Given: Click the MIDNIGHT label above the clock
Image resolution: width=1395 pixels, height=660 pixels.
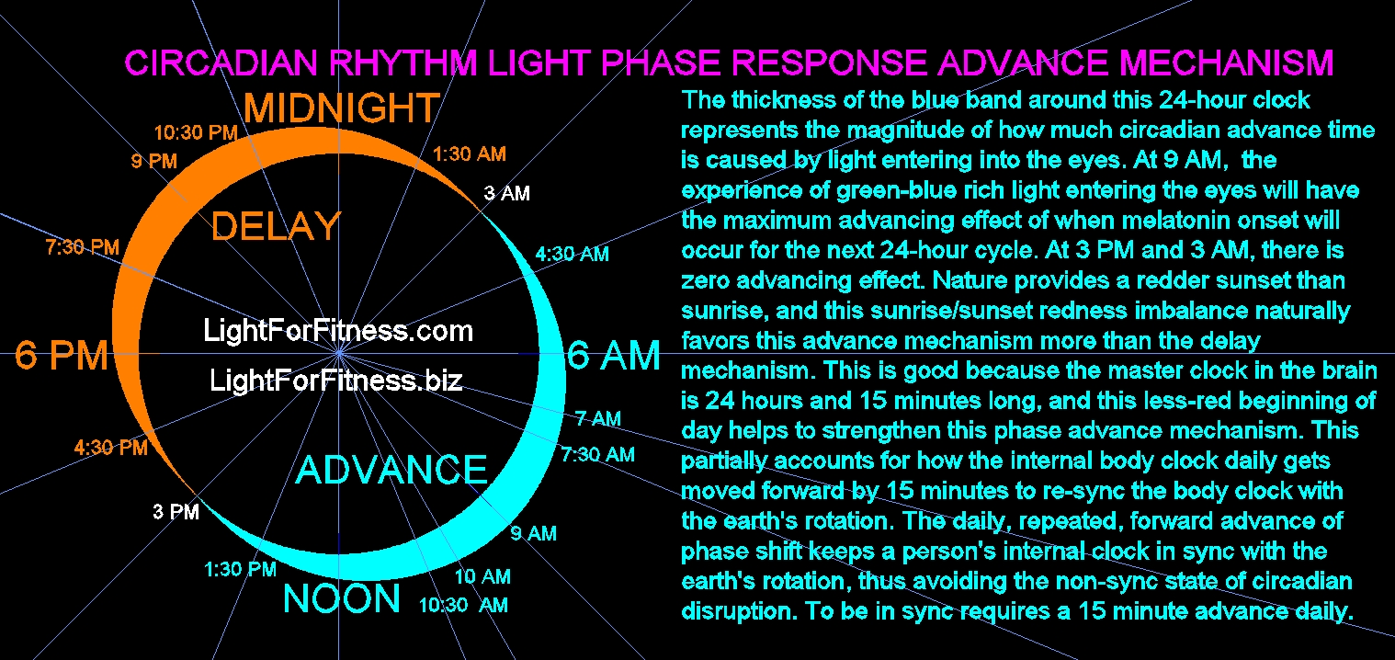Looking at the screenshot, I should tap(341, 109).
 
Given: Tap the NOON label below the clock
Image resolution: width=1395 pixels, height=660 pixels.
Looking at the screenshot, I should tap(342, 600).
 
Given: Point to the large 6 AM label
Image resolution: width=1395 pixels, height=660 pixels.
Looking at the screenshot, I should tap(614, 356).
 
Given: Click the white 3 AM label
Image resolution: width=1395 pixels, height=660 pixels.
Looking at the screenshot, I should tap(506, 194).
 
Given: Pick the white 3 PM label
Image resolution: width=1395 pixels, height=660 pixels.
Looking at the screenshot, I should tap(176, 512).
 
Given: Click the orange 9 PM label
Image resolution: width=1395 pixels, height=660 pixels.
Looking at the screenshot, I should tap(153, 162).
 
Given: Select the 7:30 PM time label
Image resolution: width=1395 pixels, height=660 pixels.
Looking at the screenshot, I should tap(82, 246).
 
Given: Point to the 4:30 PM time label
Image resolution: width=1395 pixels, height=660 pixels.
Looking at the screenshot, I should tap(110, 449).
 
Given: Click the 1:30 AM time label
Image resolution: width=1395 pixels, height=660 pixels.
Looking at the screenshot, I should tap(470, 154).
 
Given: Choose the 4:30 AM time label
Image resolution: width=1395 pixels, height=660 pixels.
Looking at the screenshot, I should tap(572, 254).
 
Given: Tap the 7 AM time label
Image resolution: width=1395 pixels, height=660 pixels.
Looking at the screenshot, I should tap(598, 419).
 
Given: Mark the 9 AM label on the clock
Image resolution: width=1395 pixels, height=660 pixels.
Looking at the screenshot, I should tap(533, 533).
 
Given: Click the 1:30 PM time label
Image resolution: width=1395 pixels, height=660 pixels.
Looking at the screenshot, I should tap(240, 570).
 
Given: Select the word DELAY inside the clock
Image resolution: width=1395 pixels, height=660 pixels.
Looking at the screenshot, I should tap(276, 226).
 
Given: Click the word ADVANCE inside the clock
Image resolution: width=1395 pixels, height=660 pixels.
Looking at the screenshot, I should tap(391, 470).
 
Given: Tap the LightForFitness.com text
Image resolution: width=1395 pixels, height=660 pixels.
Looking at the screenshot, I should tap(338, 330).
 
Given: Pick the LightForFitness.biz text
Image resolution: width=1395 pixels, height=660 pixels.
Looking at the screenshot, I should tap(336, 381).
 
